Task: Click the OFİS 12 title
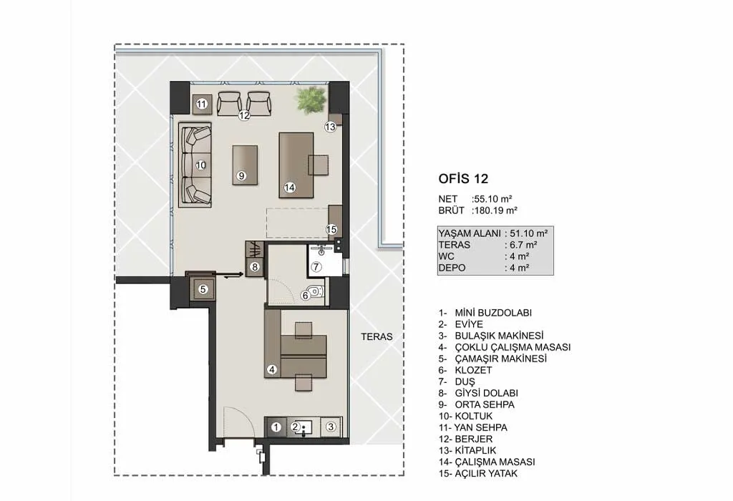click(463, 178)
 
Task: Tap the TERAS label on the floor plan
click(377, 336)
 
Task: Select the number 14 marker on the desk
click(290, 188)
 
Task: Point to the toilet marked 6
click(316, 292)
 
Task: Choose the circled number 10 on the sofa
click(200, 165)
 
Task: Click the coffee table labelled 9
click(245, 165)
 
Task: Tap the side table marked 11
click(202, 104)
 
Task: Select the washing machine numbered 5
click(203, 290)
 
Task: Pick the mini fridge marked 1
click(276, 427)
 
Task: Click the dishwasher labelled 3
click(331, 427)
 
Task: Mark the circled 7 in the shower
click(316, 267)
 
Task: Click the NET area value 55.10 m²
click(492, 199)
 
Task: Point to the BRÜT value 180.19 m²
click(495, 210)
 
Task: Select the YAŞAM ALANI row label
click(470, 233)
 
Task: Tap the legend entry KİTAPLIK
click(475, 450)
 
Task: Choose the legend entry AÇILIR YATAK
click(486, 473)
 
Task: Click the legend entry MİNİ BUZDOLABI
click(493, 313)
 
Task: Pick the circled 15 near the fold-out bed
click(331, 229)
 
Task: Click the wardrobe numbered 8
click(255, 259)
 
